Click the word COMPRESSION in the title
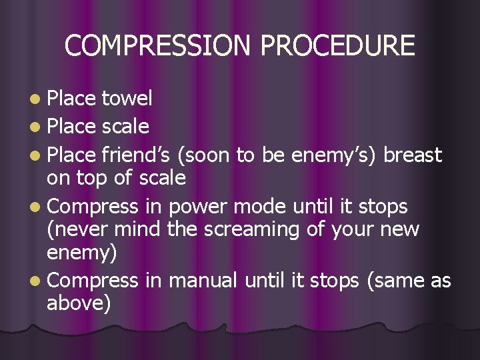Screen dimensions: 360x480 pos(159,46)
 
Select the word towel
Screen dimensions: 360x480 pos(127,99)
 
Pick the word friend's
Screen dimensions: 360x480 pos(137,155)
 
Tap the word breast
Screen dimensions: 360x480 pos(413,155)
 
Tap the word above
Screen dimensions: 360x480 pos(75,304)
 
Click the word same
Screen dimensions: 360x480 pos(401,280)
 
